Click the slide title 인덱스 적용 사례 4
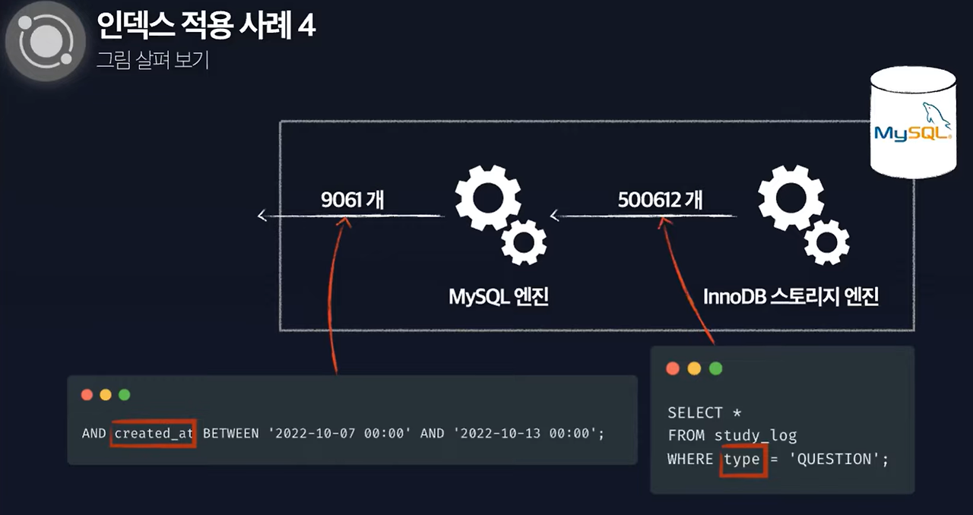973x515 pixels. (206, 26)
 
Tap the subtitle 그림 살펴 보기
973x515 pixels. (152, 60)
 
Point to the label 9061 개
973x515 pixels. (352, 200)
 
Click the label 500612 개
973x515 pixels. (660, 200)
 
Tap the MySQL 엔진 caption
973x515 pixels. (499, 296)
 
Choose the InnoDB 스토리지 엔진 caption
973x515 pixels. (791, 296)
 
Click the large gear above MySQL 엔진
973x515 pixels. (487, 197)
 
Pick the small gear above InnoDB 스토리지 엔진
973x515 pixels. (826, 242)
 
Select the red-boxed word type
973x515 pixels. (742, 459)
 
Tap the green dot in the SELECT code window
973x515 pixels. (715, 368)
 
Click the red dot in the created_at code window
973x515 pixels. (87, 395)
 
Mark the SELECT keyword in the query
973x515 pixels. (695, 412)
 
